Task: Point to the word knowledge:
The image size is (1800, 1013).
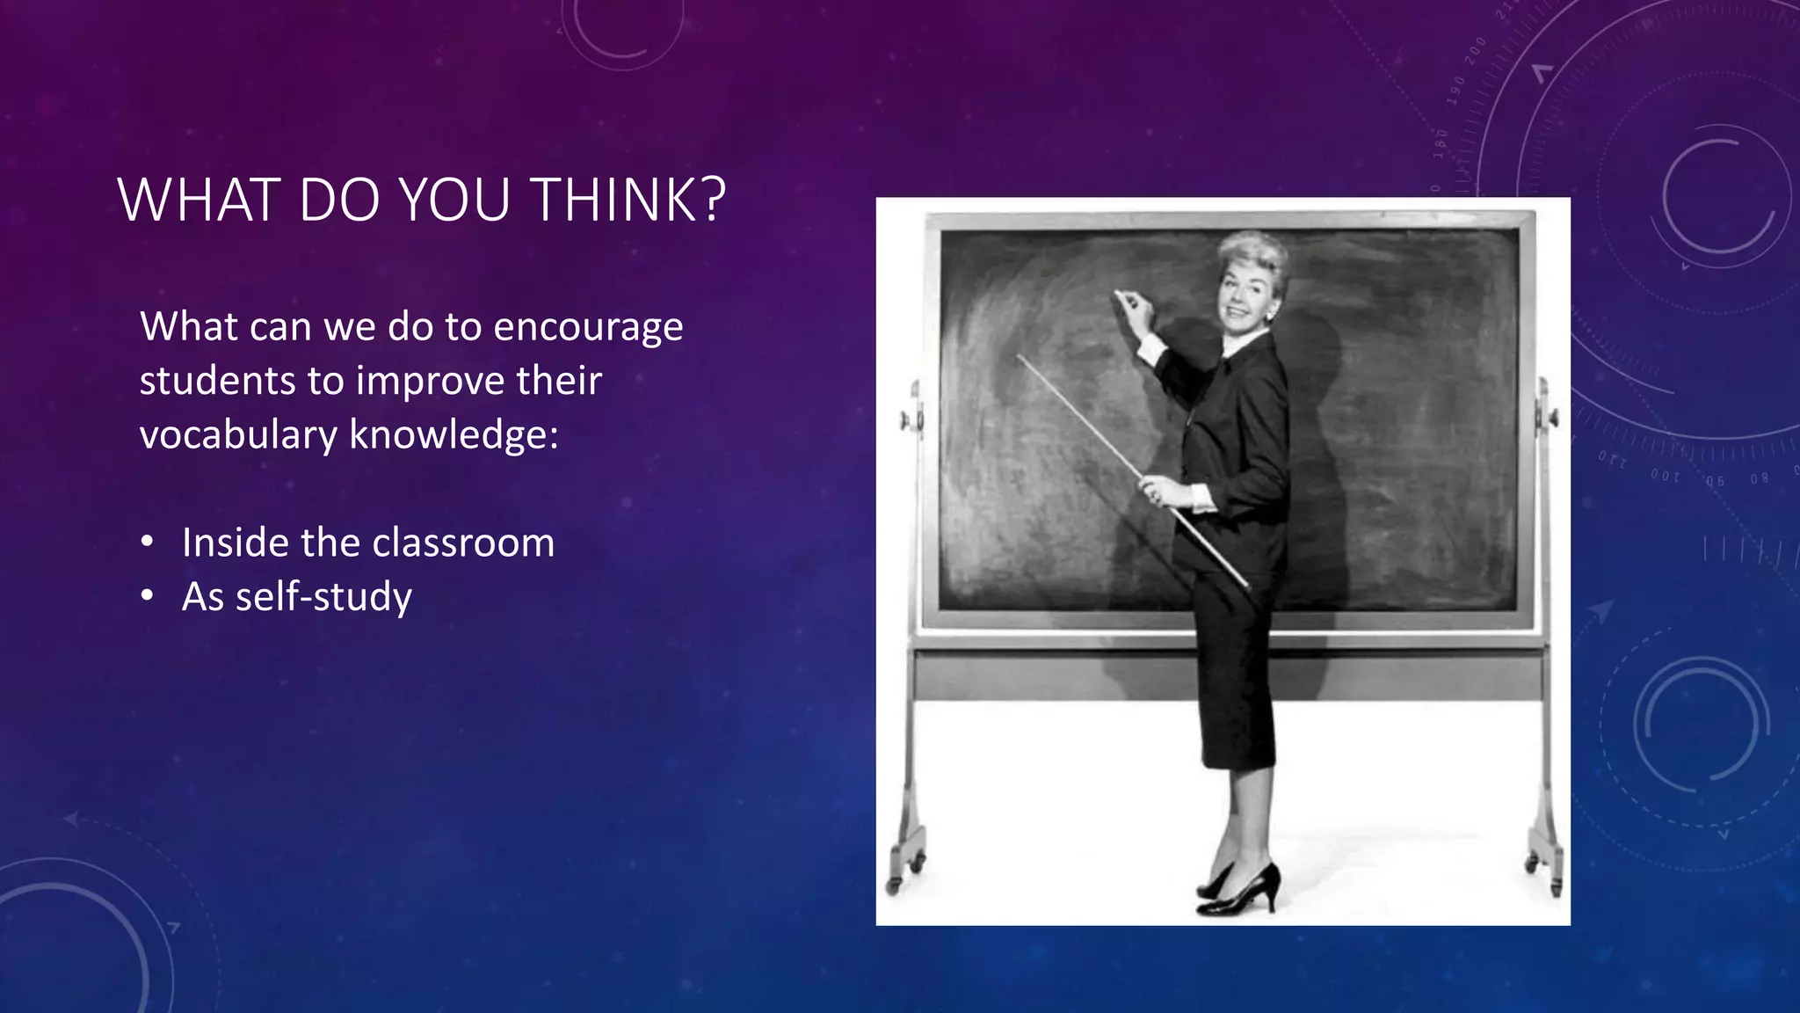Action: (x=454, y=435)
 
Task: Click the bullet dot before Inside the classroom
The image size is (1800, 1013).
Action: (x=148, y=542)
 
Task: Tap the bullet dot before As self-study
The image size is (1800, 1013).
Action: (x=148, y=596)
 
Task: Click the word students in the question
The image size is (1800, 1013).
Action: (x=216, y=382)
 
